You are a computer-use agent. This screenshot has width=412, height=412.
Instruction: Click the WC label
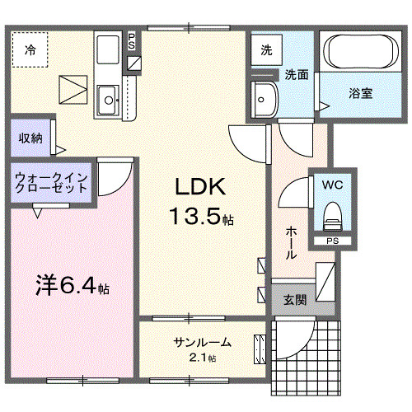click(x=333, y=184)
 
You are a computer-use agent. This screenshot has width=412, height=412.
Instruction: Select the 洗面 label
click(x=297, y=75)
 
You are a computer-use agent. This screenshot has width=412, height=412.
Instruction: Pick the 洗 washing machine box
click(x=266, y=50)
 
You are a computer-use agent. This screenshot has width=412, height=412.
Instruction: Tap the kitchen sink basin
click(x=107, y=102)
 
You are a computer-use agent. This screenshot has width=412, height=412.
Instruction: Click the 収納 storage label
click(x=30, y=138)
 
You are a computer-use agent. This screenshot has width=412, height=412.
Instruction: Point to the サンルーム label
click(x=202, y=342)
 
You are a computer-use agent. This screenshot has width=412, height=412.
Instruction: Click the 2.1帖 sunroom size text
click(x=200, y=358)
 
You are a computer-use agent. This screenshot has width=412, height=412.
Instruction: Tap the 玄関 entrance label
click(x=295, y=300)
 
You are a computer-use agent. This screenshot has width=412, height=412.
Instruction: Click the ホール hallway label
click(x=291, y=243)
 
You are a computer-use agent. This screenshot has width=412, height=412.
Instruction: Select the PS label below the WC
click(x=330, y=241)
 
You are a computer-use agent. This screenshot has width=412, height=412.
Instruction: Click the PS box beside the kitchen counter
click(x=133, y=42)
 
